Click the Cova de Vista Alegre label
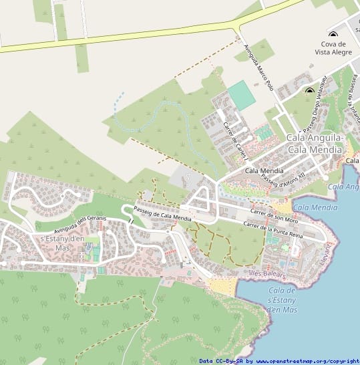coord(332,47)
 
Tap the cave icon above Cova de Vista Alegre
coord(333,34)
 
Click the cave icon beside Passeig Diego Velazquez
coord(309,90)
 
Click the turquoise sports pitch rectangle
coord(241,96)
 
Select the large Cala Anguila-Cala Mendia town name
coord(315,143)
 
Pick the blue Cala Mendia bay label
coord(315,208)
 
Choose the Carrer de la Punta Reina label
coord(273,231)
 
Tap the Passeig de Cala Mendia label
coord(162,214)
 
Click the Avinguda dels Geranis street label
coord(80,221)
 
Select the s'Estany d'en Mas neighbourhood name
coord(62,243)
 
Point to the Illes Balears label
coord(266,275)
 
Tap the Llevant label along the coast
coord(326,255)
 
